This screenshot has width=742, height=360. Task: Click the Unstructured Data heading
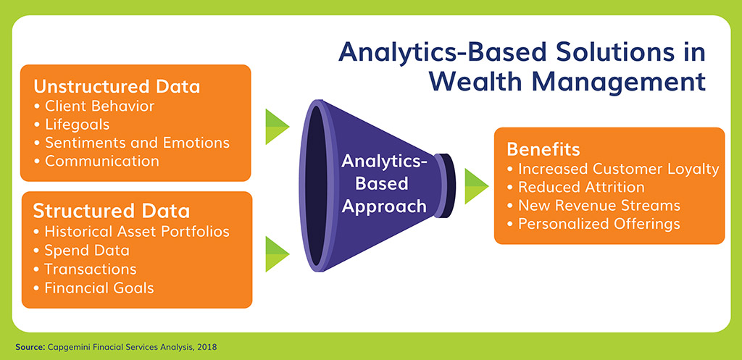(x=117, y=87)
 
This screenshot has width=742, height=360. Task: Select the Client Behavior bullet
(x=94, y=106)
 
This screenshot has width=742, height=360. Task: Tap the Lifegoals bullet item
(x=72, y=125)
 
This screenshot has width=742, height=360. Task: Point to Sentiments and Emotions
(x=132, y=143)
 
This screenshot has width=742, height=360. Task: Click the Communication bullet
(x=96, y=161)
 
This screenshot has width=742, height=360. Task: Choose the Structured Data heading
(x=112, y=212)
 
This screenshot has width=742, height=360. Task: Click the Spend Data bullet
(x=81, y=250)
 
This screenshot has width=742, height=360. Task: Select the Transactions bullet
(x=86, y=269)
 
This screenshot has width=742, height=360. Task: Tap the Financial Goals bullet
(x=93, y=288)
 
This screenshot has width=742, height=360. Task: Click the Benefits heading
(x=543, y=149)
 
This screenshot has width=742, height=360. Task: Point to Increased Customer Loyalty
(x=613, y=169)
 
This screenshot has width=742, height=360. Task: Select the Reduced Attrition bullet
(x=575, y=188)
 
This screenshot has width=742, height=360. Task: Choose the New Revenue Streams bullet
(x=593, y=206)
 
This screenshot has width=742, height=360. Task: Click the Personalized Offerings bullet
(x=593, y=224)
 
